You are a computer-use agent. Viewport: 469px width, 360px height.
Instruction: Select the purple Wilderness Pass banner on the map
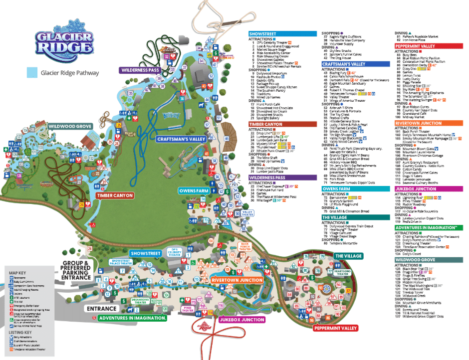pos(139,70)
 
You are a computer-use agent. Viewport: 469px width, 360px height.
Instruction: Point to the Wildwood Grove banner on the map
pos(70,127)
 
